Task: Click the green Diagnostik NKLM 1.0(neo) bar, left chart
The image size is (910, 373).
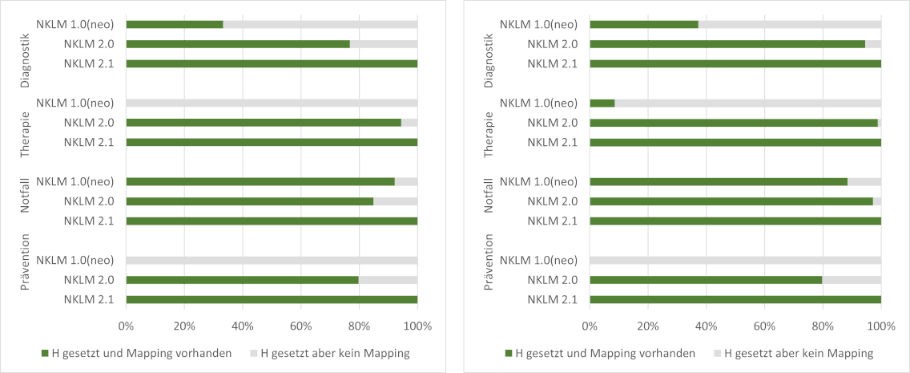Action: tap(175, 24)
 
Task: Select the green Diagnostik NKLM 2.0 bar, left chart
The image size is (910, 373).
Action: tap(238, 44)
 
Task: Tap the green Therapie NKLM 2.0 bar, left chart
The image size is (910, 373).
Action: tap(264, 123)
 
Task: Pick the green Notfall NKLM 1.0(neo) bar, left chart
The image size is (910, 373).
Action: tap(260, 181)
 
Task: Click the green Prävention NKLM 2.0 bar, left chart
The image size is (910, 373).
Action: tap(242, 280)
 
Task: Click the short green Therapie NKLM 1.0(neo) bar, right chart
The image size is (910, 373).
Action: tap(602, 103)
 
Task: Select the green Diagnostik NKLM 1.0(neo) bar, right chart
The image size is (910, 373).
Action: tap(644, 24)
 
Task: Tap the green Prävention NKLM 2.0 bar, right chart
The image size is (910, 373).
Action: tap(706, 280)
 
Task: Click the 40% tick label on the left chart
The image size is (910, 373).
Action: tap(243, 326)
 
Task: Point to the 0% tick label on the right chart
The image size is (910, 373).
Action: tap(590, 326)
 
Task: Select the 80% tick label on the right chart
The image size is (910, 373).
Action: tap(823, 326)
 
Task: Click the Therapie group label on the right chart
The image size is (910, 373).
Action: tap(489, 122)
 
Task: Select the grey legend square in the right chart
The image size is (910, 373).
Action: tap(719, 353)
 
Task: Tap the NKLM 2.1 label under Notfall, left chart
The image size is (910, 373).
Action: tap(90, 221)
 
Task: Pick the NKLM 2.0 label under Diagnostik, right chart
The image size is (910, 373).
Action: tap(554, 44)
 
